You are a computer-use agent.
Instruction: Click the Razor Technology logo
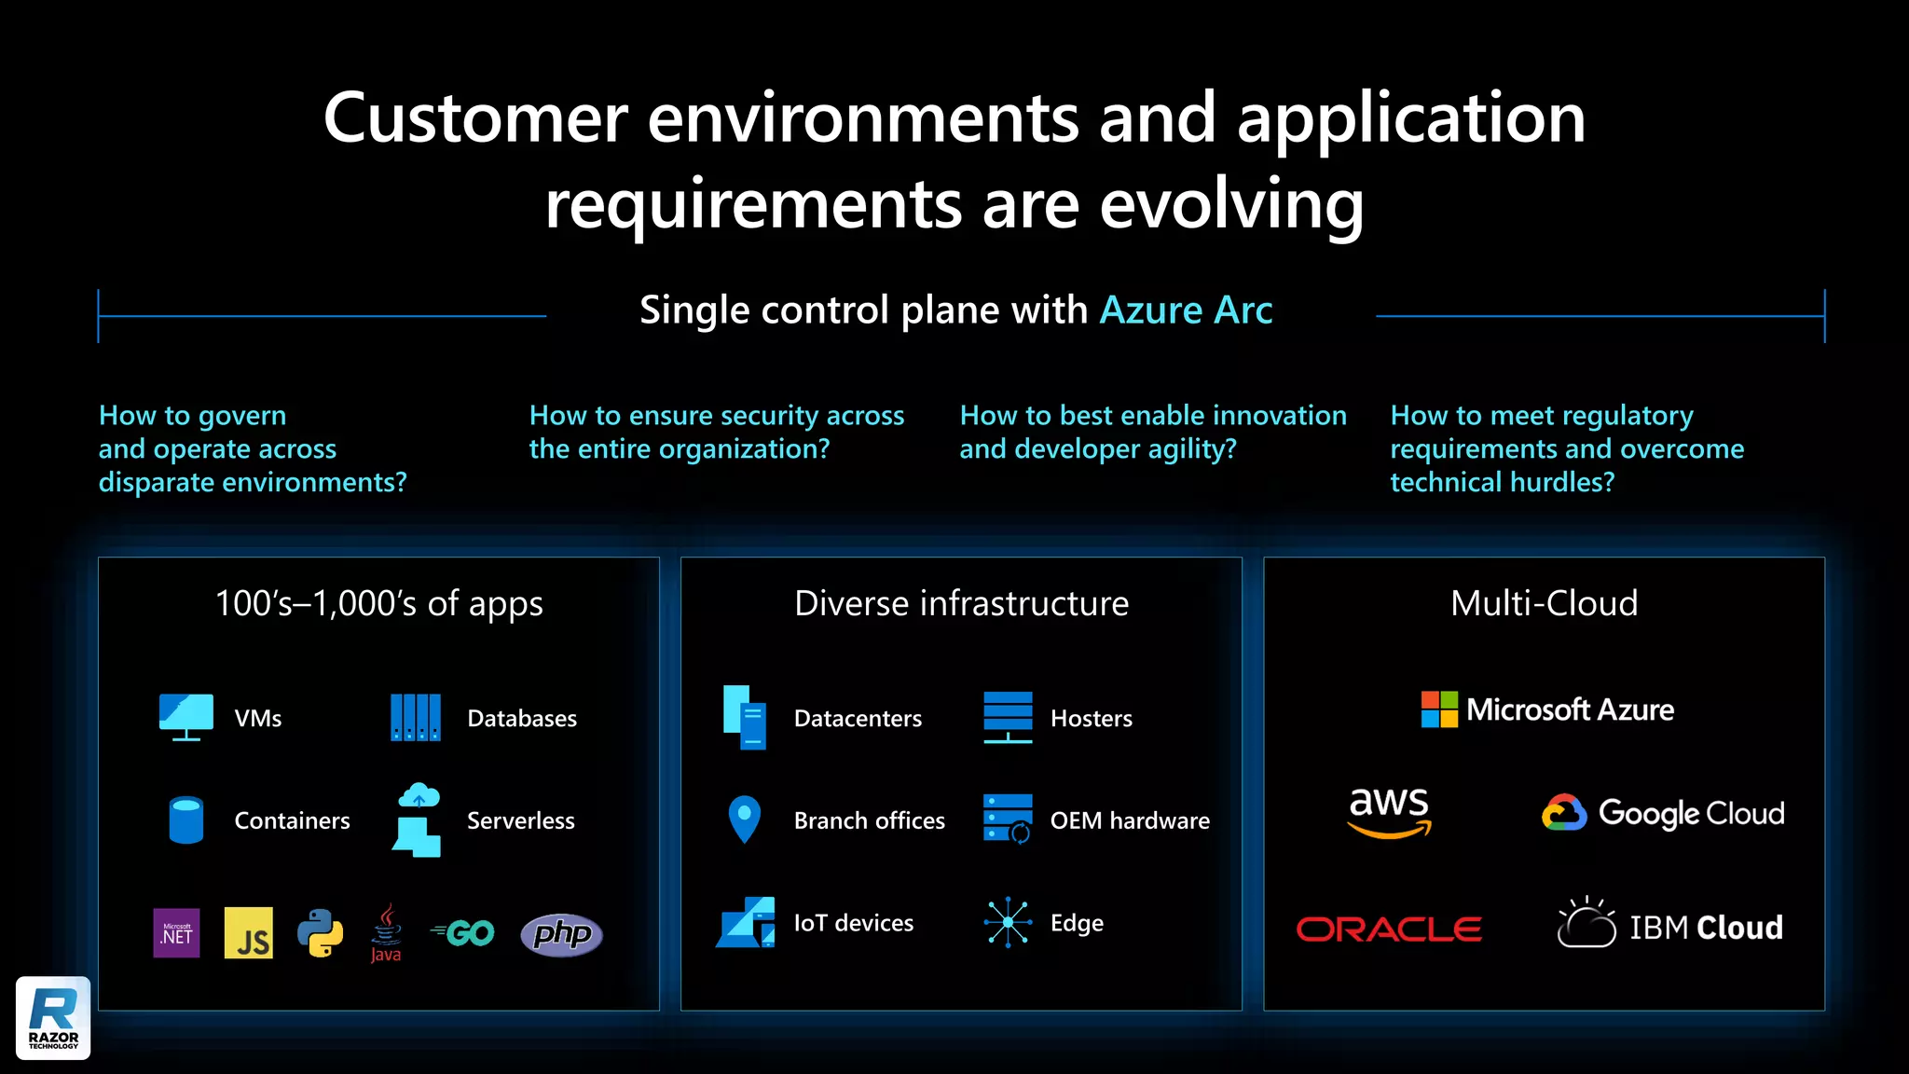tap(53, 1017)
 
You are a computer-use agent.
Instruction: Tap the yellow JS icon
tap(249, 932)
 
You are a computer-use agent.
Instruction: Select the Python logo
tap(320, 932)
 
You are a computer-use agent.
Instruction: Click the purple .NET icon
tap(176, 932)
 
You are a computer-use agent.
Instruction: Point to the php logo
tap(561, 934)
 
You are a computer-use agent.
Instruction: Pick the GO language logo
tap(463, 932)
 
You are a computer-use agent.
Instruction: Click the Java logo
tap(386, 932)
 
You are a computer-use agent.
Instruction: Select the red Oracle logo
tap(1389, 929)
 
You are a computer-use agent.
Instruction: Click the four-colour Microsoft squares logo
tap(1439, 709)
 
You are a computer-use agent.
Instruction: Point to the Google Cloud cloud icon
tap(1564, 813)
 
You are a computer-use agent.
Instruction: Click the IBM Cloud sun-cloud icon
tap(1586, 922)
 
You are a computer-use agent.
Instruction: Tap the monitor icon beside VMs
tap(186, 716)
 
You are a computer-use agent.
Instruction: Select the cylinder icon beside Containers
tap(186, 819)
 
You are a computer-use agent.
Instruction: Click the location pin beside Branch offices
tap(744, 819)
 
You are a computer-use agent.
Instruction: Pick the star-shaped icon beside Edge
tap(1008, 923)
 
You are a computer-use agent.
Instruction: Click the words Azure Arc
tap(1186, 310)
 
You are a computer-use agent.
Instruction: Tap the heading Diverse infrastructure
tap(961, 603)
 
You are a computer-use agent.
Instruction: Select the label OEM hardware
tap(1130, 820)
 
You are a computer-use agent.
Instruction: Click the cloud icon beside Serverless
tap(419, 796)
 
